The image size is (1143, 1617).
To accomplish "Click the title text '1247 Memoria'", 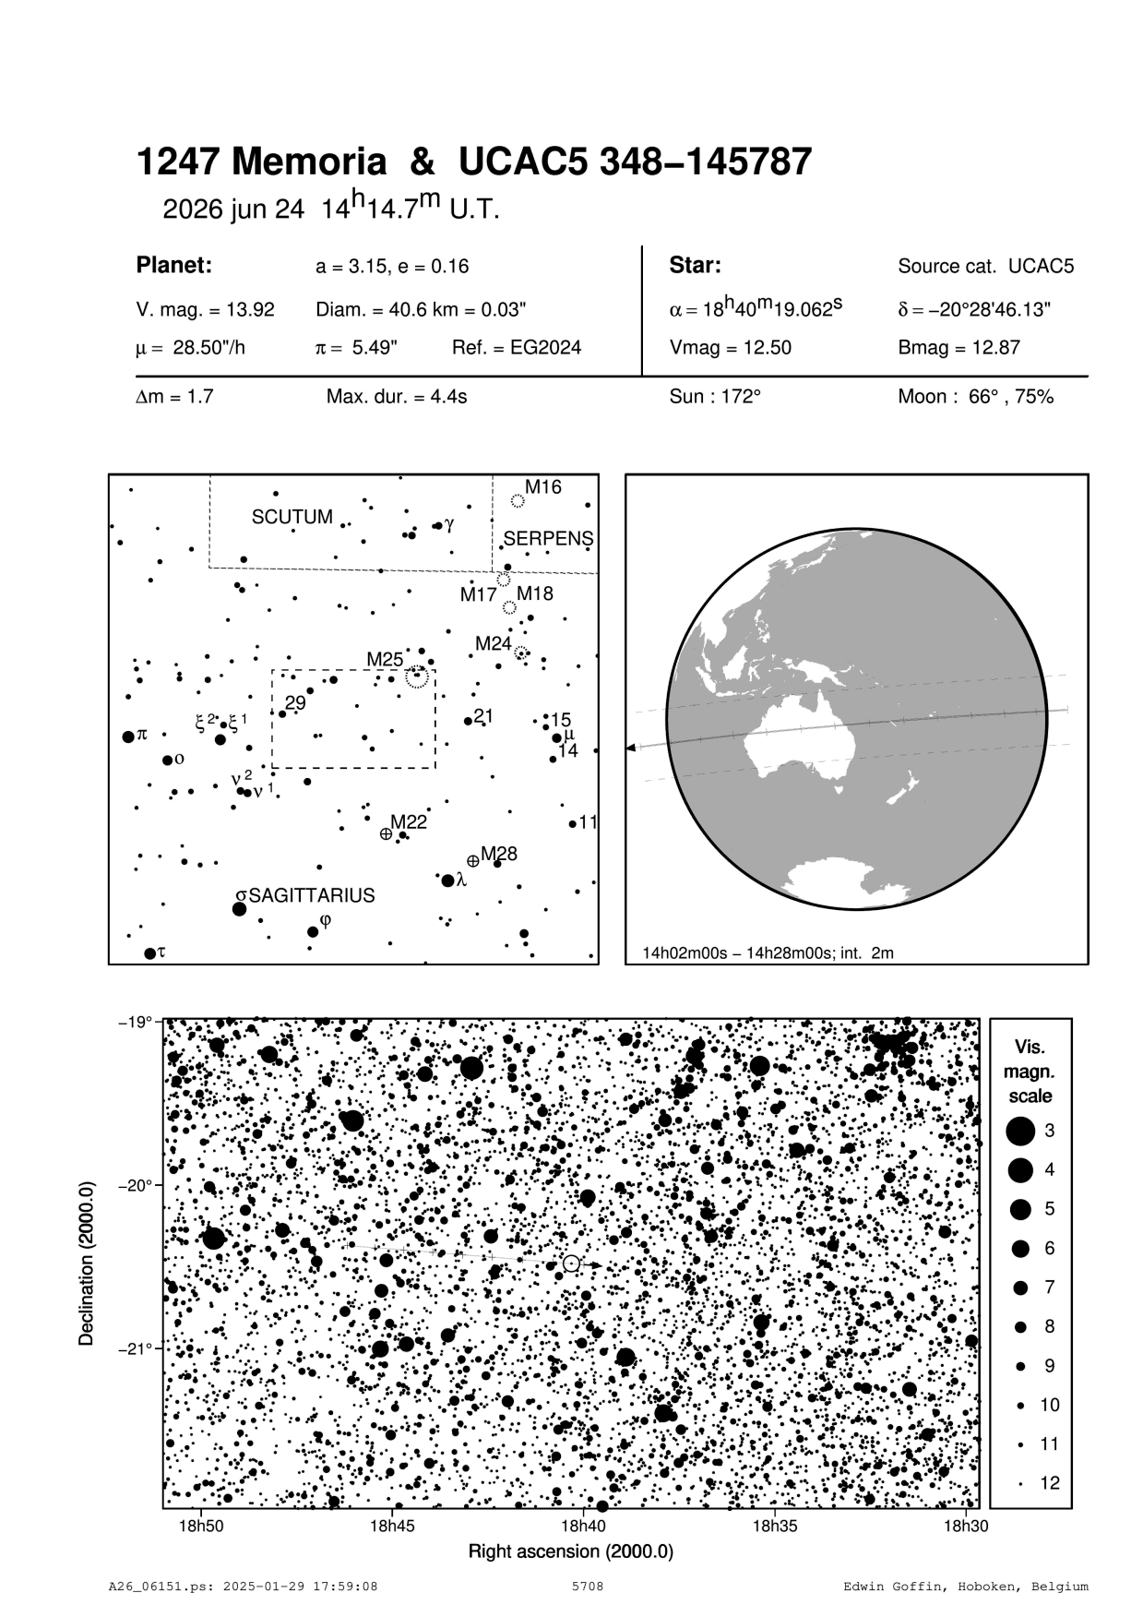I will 261,163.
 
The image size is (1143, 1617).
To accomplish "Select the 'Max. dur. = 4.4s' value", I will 397,397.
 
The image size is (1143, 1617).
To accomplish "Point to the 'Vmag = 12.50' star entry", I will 730,348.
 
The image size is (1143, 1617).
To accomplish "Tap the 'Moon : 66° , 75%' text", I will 975,397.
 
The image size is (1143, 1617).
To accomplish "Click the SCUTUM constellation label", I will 292,517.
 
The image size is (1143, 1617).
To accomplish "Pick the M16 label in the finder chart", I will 542,487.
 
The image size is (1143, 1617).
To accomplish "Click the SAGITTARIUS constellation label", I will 312,895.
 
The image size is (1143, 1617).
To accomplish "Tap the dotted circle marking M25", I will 417,678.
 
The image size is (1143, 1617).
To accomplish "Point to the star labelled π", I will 129,737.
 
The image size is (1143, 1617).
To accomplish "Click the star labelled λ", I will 448,880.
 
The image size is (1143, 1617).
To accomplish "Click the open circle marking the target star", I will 571,1264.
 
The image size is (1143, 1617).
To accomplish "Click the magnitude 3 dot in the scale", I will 1020,1131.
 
